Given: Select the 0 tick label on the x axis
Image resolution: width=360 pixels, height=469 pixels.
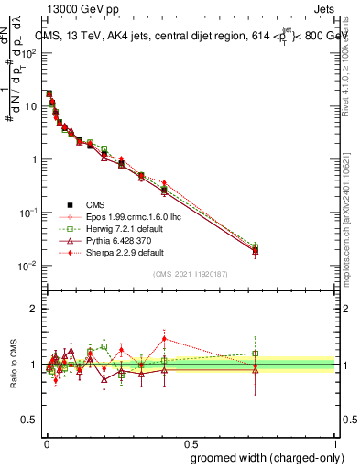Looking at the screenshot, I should tap(46, 441).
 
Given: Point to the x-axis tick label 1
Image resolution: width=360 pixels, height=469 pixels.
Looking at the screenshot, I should tap(336, 441).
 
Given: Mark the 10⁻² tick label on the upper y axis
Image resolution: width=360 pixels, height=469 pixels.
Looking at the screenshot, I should tap(29, 266).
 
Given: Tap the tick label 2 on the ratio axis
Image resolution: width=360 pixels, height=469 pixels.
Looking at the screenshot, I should tap(34, 309).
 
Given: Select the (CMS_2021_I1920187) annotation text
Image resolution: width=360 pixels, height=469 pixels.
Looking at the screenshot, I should tap(191, 274).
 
